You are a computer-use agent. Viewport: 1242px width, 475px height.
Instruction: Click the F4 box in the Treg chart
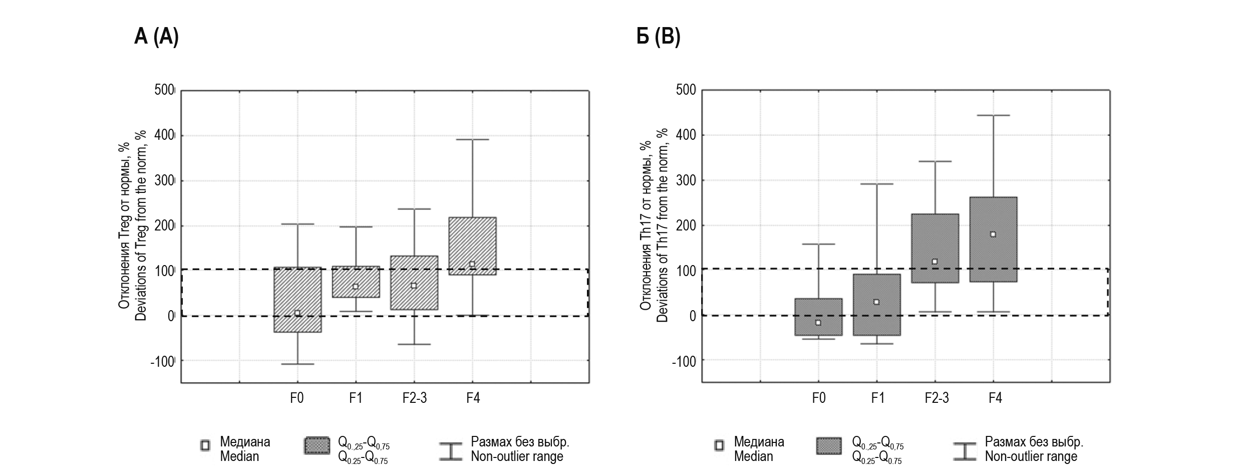coord(472,246)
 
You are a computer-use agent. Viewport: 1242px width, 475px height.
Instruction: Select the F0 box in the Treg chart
coord(297,300)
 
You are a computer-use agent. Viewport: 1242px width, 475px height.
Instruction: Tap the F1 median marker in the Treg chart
coord(356,287)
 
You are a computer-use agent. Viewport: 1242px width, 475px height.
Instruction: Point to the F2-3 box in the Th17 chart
coord(935,248)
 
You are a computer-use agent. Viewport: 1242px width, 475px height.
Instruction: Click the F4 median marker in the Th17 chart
coord(993,234)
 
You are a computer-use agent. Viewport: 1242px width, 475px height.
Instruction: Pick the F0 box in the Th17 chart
coord(818,317)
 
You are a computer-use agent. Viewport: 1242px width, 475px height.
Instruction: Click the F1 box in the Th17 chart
coord(876,305)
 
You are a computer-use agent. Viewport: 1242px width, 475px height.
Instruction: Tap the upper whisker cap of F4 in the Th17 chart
coord(993,115)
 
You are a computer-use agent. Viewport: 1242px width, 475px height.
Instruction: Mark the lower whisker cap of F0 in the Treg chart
coord(297,364)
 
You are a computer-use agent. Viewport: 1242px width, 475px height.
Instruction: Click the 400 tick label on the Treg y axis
coord(164,136)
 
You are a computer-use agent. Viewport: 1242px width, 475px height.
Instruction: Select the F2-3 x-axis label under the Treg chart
coord(415,398)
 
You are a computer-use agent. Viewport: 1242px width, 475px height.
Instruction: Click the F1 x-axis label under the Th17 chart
coord(877,398)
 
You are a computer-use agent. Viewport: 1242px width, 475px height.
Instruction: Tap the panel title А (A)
coord(156,37)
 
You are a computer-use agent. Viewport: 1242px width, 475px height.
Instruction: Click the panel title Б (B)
coord(658,37)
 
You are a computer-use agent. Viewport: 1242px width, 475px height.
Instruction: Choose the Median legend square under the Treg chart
coord(205,446)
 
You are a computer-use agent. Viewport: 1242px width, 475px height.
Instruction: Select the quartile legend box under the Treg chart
coord(317,446)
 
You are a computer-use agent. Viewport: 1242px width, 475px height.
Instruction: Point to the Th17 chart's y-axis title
coord(654,225)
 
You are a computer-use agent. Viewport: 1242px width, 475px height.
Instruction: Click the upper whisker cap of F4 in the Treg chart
coord(472,139)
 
